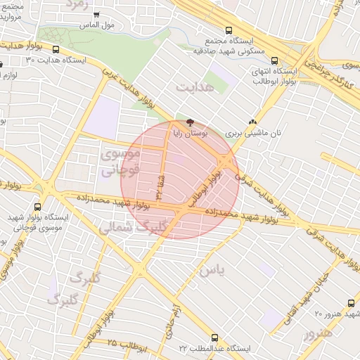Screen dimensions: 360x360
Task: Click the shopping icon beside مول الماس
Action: coord(96,14)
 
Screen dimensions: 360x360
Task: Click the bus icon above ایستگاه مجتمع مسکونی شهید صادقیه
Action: coord(228,30)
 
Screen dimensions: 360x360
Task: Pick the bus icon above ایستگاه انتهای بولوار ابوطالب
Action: coord(274,60)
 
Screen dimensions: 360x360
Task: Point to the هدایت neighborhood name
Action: coord(194,88)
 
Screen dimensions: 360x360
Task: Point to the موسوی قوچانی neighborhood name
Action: coord(120,161)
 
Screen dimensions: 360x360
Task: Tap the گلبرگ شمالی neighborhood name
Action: coord(131,228)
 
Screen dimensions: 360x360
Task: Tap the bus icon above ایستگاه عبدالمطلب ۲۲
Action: coord(215,337)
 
